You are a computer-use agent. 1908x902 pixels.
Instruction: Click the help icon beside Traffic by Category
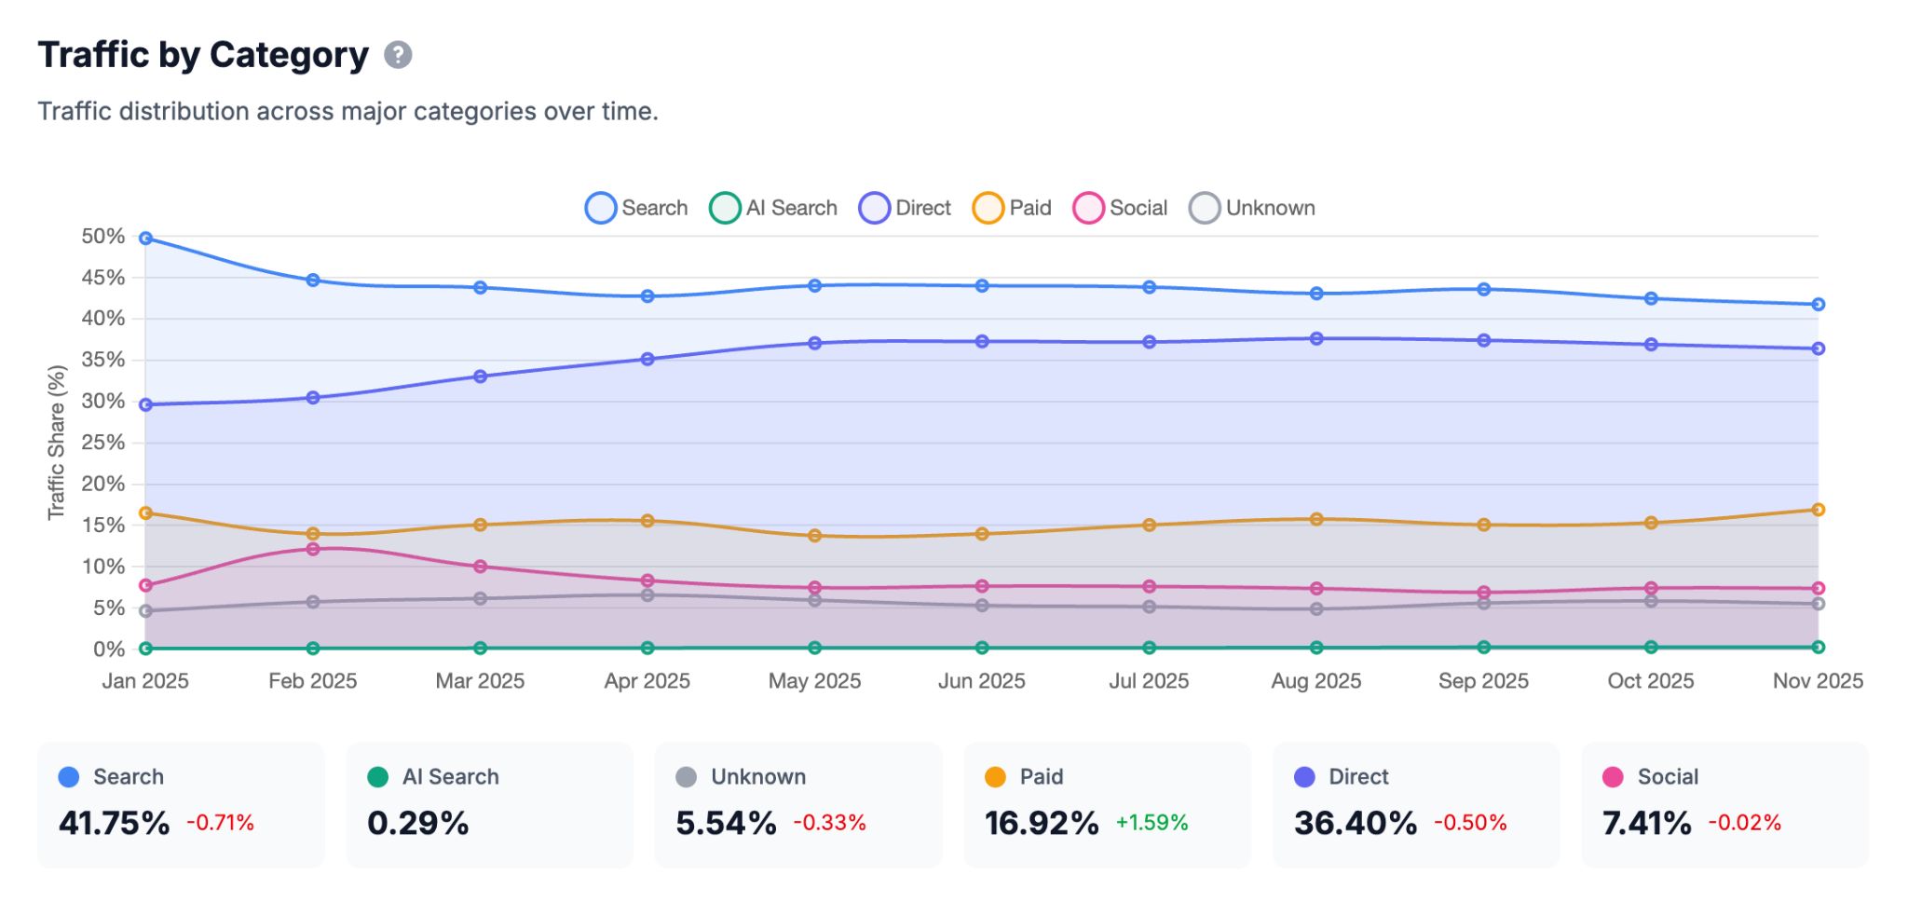click(x=398, y=55)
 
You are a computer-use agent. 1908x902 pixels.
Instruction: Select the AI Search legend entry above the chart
click(x=773, y=208)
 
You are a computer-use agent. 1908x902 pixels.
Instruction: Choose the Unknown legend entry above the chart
click(x=1252, y=208)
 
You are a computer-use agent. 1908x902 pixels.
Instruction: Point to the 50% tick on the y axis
click(x=102, y=237)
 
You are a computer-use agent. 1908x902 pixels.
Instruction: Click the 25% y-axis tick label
click(x=102, y=443)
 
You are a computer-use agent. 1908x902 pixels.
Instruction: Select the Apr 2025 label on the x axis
click(x=647, y=681)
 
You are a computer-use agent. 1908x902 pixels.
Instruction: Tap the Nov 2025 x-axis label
click(x=1817, y=681)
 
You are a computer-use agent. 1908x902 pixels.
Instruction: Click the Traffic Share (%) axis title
click(x=57, y=443)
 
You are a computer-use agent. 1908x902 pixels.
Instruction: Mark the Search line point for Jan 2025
click(x=146, y=239)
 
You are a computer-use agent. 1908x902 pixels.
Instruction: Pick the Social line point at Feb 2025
click(x=313, y=550)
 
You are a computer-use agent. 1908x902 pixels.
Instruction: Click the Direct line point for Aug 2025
click(x=1316, y=339)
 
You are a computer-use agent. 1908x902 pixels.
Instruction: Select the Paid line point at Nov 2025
click(x=1818, y=510)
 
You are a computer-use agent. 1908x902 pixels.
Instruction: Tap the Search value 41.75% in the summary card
click(x=114, y=824)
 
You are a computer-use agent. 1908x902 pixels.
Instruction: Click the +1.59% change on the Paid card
click(x=1152, y=823)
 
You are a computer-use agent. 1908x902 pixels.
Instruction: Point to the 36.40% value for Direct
click(x=1355, y=824)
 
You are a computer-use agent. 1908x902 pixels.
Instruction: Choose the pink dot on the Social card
click(x=1613, y=777)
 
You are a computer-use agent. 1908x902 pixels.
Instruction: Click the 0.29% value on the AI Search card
click(x=417, y=824)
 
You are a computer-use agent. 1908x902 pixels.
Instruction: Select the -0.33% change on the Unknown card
click(x=829, y=823)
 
